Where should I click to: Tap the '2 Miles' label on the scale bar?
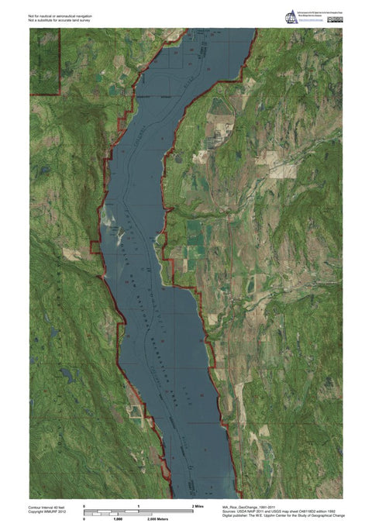click(198, 505)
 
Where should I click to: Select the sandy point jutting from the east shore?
click(160, 246)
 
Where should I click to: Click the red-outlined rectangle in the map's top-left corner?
click(45, 63)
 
